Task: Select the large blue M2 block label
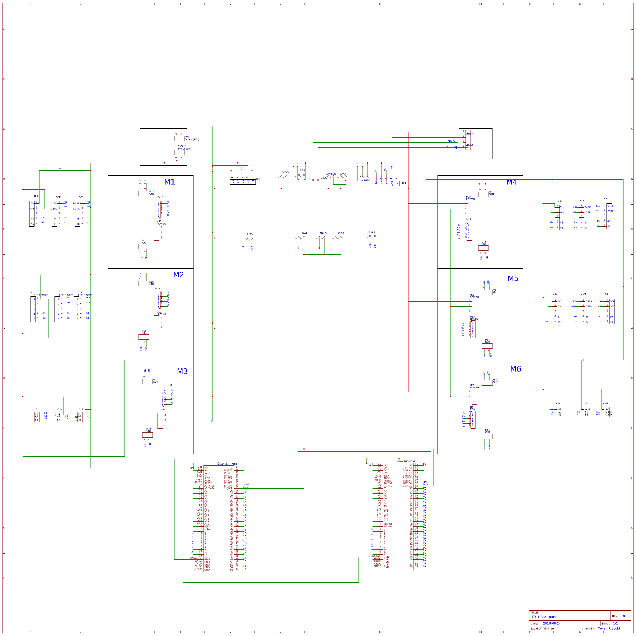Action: (178, 275)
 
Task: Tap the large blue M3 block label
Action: (182, 371)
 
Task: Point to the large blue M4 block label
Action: (512, 182)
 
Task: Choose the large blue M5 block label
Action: (513, 279)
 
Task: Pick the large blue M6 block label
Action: (515, 369)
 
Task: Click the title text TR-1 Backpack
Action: (544, 617)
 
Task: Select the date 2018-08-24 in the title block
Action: (552, 624)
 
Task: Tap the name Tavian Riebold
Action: (609, 628)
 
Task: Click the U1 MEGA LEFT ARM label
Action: (227, 463)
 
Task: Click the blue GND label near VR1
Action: (451, 142)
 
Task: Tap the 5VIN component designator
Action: (187, 137)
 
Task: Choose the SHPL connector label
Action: (250, 234)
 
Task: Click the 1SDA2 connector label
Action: (323, 233)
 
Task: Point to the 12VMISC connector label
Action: (331, 174)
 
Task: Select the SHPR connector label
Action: (372, 233)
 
